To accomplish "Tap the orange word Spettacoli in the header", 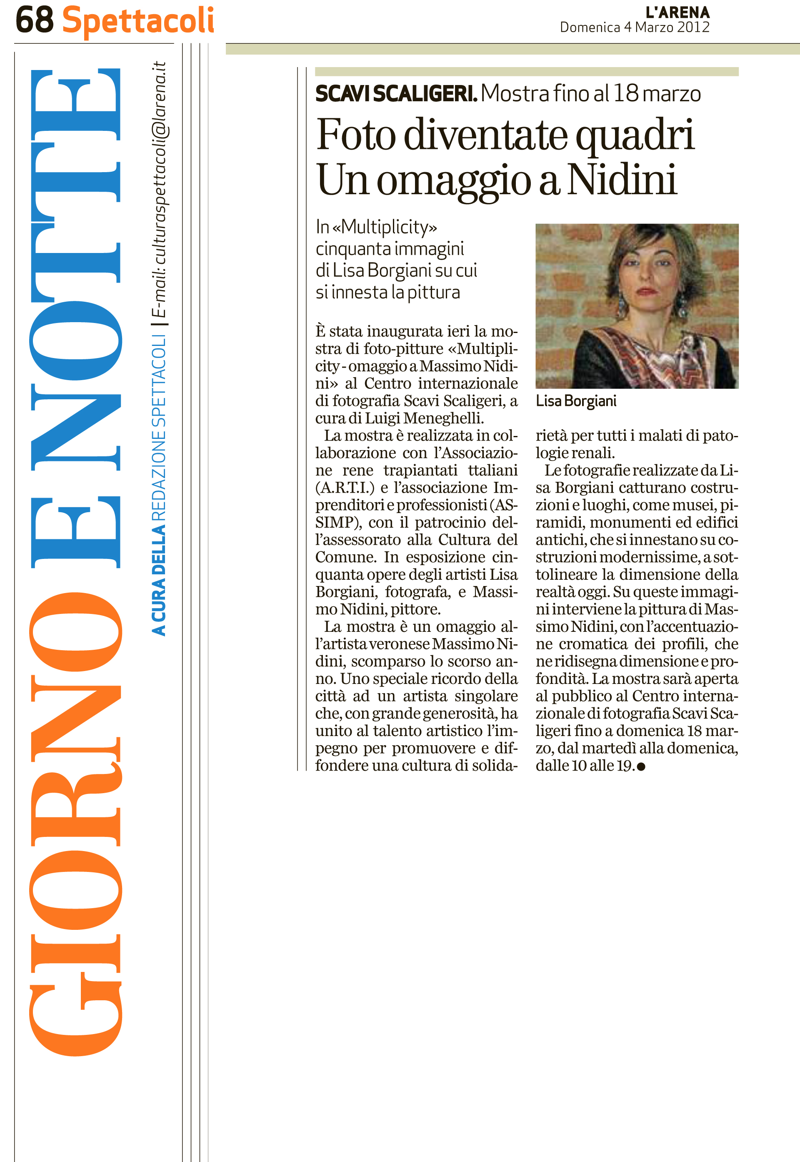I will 138,21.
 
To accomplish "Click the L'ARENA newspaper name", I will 677,12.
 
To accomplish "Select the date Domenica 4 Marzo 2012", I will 635,27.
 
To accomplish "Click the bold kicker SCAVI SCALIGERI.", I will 395,94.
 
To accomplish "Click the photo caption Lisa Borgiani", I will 576,401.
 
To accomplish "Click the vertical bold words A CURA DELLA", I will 159,581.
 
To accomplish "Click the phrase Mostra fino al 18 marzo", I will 590,94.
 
